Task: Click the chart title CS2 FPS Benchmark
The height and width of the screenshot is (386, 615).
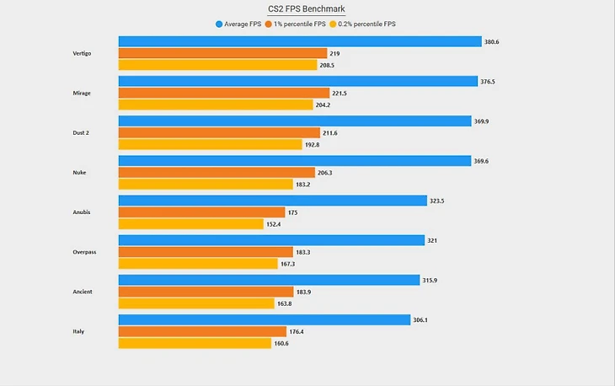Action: [x=307, y=9]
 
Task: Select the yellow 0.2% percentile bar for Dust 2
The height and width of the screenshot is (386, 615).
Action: [x=210, y=144]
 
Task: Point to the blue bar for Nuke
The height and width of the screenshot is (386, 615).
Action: [x=294, y=160]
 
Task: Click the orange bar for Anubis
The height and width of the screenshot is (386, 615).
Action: [x=201, y=212]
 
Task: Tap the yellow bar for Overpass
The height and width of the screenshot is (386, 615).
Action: [x=198, y=264]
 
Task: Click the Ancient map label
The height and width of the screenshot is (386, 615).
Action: [x=83, y=292]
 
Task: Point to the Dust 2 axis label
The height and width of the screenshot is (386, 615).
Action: [x=83, y=133]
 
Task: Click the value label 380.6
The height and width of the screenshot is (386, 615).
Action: [x=491, y=40]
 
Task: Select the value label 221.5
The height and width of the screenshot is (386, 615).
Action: [x=341, y=93]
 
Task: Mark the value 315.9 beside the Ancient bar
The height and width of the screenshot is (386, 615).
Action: [x=431, y=280]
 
